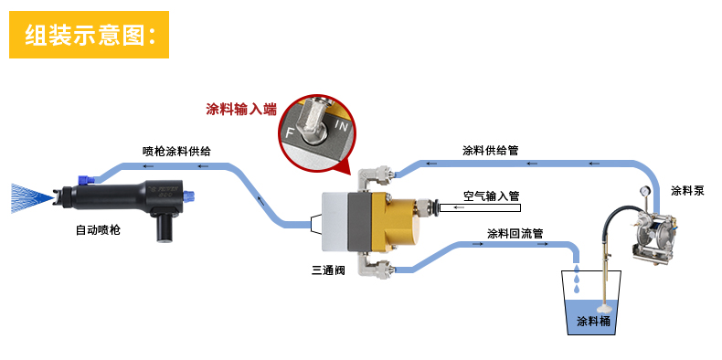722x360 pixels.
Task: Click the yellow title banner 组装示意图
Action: click(90, 35)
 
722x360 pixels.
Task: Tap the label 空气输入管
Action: click(491, 195)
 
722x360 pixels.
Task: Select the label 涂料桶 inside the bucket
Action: click(593, 322)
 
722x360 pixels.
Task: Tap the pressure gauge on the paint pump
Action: click(646, 194)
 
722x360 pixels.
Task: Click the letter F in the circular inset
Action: click(290, 133)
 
